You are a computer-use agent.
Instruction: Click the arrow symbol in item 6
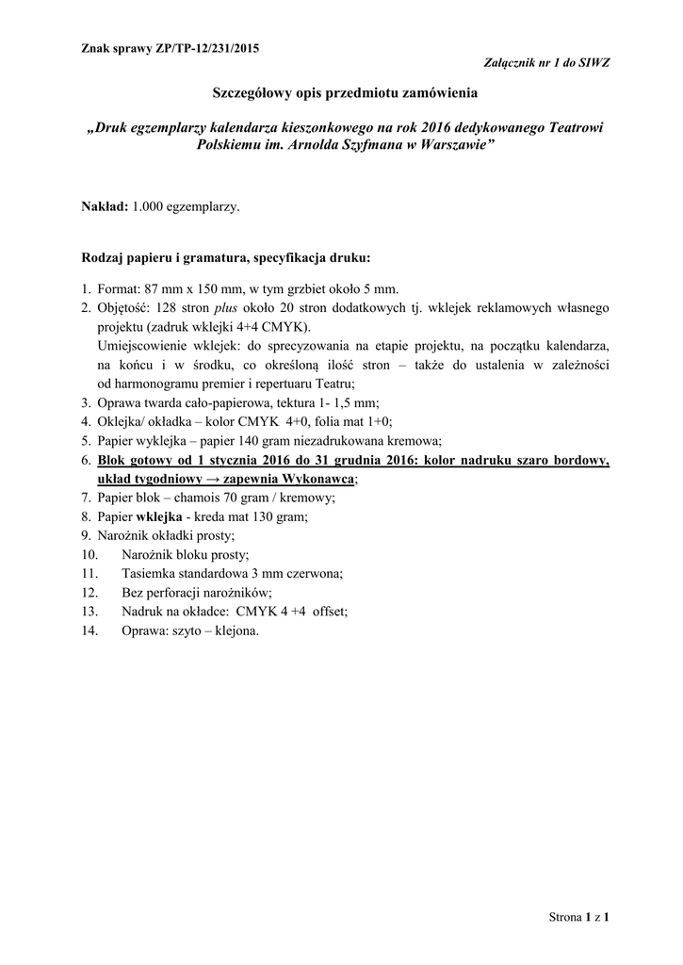point(211,479)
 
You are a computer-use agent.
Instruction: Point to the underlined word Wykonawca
point(312,479)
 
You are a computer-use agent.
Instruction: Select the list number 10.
point(90,555)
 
